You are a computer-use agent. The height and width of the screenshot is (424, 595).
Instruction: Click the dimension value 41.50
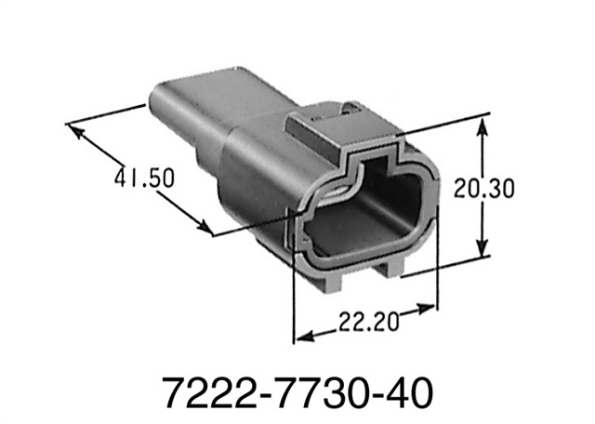click(x=141, y=176)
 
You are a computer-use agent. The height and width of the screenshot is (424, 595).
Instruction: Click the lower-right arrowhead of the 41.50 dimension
click(x=206, y=229)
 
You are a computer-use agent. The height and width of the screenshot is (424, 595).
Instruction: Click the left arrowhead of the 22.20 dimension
click(x=299, y=338)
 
